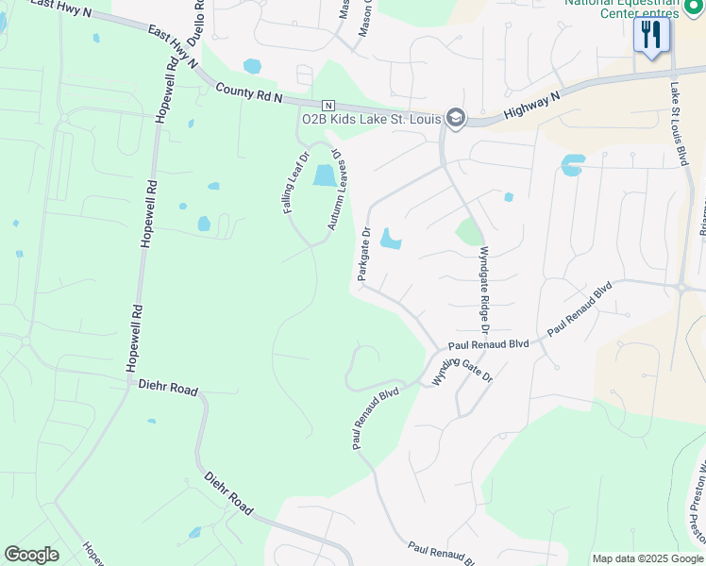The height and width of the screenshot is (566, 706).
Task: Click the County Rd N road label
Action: (250, 92)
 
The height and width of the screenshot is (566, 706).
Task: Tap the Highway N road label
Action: (531, 104)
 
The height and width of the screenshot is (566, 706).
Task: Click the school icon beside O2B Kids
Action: (456, 117)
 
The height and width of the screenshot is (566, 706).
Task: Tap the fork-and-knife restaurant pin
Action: (650, 35)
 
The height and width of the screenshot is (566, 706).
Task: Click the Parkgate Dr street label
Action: (364, 253)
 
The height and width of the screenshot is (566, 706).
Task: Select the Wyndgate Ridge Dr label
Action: (484, 291)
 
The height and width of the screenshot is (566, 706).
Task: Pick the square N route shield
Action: (328, 104)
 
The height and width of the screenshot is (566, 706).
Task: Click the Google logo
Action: (31, 555)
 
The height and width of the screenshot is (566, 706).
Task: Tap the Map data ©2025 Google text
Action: (647, 558)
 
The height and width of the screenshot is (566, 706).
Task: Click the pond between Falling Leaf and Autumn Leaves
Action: (324, 175)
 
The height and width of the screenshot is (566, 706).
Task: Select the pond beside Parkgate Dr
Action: (390, 240)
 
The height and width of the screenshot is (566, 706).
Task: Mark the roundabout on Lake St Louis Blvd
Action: (681, 287)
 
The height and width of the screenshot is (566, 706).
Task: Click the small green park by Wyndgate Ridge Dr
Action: (469, 231)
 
